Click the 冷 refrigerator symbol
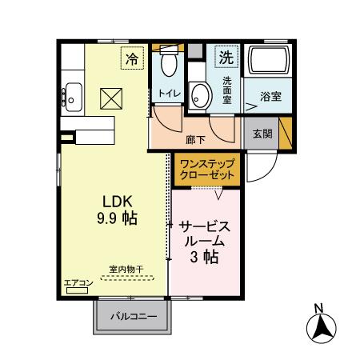[x=132, y=58]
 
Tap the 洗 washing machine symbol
[x=227, y=58]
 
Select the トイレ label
[x=169, y=94]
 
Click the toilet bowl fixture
[x=169, y=64]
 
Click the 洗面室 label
[x=226, y=90]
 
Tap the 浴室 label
[x=271, y=97]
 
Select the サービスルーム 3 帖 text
[x=206, y=241]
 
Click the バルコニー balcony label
[x=133, y=318]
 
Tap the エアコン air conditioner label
[x=76, y=282]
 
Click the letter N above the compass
[x=318, y=308]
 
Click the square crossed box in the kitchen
[x=109, y=98]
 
